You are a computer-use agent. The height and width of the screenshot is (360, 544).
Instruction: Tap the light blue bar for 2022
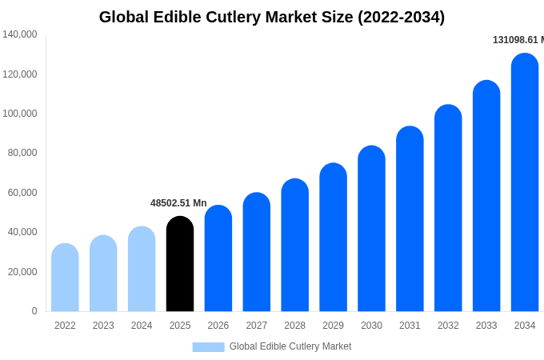pos(65,278)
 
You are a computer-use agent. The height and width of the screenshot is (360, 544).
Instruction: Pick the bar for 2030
pos(371,229)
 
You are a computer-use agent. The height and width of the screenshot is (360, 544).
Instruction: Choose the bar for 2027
pos(257,252)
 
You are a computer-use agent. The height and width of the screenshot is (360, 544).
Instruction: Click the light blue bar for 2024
pos(142,269)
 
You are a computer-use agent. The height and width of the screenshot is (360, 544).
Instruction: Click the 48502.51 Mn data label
pos(178,203)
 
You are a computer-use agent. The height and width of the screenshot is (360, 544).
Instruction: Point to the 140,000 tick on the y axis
pos(20,34)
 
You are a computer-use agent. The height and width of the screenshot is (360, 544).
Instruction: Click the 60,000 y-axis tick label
pos(22,193)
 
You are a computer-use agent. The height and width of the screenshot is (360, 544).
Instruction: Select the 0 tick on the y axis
pos(34,311)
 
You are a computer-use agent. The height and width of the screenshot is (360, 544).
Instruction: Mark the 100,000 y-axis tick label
pos(20,114)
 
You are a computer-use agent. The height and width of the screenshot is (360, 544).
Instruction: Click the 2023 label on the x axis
pos(103,326)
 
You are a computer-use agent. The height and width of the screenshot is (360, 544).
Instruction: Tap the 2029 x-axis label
pos(333,326)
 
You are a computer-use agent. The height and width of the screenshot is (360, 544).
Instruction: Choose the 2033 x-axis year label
pos(486,326)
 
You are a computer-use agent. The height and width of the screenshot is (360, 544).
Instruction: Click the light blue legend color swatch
pos(208,347)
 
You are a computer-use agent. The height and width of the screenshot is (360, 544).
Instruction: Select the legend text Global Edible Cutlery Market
pos(290,346)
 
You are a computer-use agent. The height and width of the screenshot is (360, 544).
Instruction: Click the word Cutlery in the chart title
pos(234,17)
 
